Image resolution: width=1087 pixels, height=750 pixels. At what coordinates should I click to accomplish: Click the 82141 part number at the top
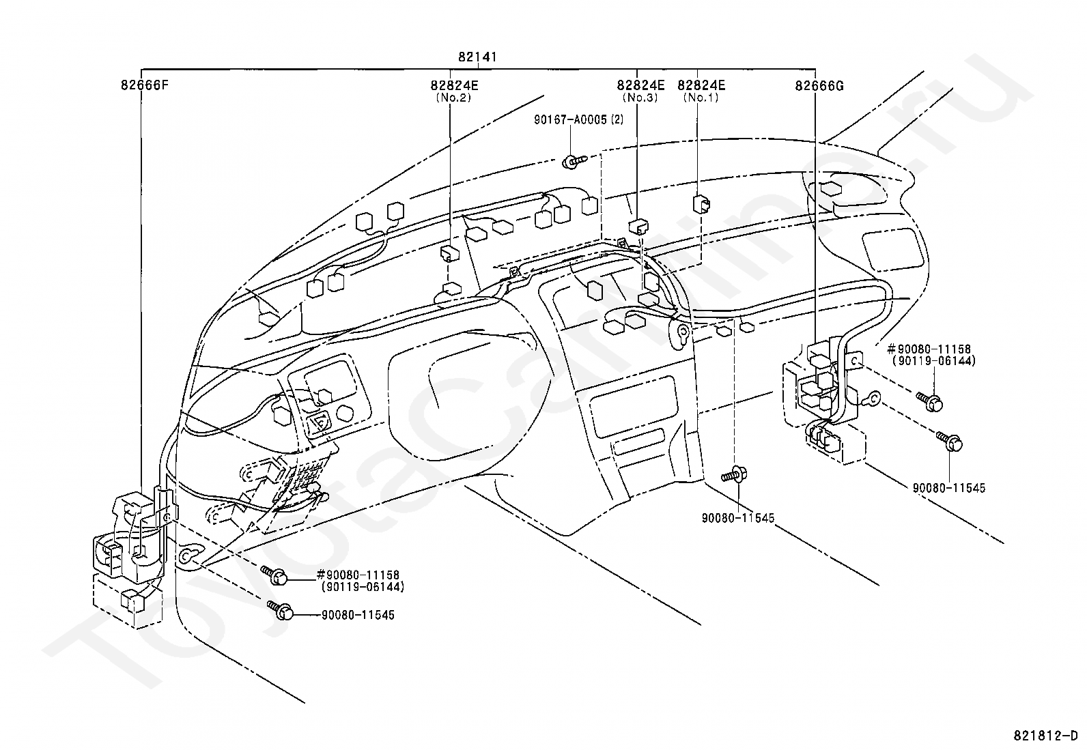pos(477,57)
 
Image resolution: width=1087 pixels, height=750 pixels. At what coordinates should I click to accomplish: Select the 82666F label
pos(145,85)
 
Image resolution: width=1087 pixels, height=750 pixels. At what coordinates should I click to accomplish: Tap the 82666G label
pos(819,86)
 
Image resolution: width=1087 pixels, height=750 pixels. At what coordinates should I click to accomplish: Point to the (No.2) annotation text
pos(454,98)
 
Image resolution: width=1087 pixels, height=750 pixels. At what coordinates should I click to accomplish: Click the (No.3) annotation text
pos(640,98)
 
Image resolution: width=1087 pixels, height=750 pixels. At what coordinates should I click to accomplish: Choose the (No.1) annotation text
pos(701,98)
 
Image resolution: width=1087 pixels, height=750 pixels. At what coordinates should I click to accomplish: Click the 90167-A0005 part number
pos(571,119)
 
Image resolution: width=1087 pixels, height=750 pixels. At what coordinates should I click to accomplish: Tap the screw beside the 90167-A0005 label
pos(575,162)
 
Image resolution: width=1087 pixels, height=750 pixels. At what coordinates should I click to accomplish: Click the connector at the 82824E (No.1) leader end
pos(701,205)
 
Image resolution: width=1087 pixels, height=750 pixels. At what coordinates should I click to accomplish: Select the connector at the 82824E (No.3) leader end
pos(638,227)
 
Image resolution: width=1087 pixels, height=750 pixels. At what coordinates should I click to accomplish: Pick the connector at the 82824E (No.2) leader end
pos(451,254)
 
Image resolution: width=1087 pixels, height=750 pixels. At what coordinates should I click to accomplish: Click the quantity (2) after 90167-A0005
pos(617,119)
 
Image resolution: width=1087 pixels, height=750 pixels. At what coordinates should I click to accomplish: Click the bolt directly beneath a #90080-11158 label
pos(930,403)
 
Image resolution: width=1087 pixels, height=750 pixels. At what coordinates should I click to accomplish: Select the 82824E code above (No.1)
pos(701,85)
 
